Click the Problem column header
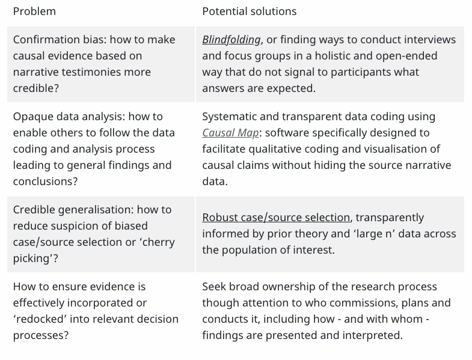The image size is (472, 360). click(34, 11)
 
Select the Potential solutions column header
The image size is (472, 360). click(250, 11)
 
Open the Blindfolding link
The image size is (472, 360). click(231, 40)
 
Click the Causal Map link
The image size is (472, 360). click(230, 133)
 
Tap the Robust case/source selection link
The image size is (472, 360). click(276, 218)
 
